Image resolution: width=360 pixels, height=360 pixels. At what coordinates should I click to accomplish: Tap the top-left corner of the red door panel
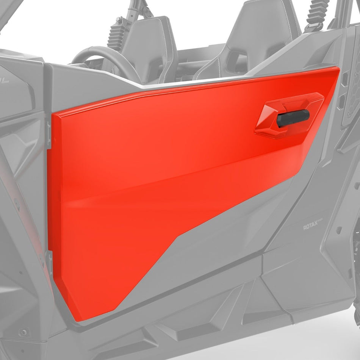pyautogui.click(x=53, y=114)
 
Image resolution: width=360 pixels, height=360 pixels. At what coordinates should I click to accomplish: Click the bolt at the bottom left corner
pyautogui.click(x=24, y=332)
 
